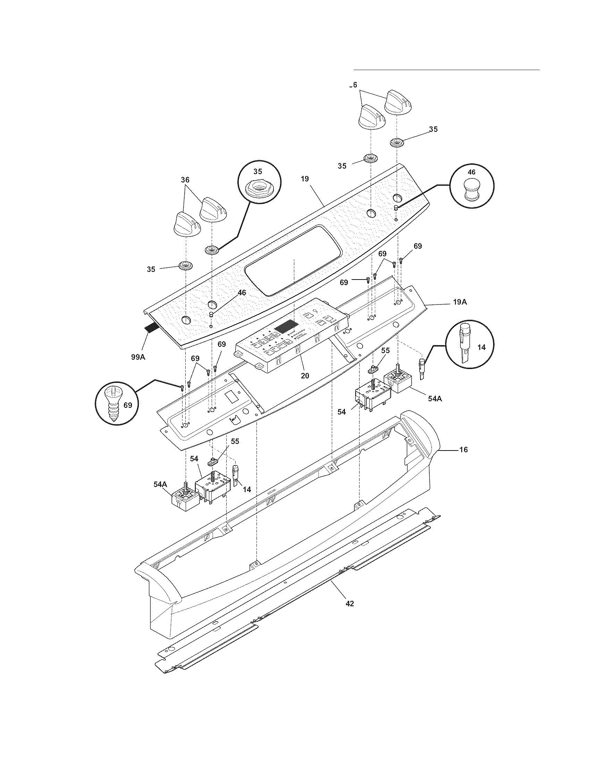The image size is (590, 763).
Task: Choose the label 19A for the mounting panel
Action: point(460,302)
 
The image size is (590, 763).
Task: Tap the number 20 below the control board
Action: point(305,376)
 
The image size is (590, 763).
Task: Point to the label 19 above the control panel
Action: point(304,179)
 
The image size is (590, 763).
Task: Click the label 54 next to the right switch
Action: point(342,412)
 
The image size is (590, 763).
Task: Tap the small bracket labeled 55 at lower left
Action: point(213,462)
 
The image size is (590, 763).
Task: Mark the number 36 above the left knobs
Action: point(185,180)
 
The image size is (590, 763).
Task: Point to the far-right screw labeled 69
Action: point(402,259)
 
